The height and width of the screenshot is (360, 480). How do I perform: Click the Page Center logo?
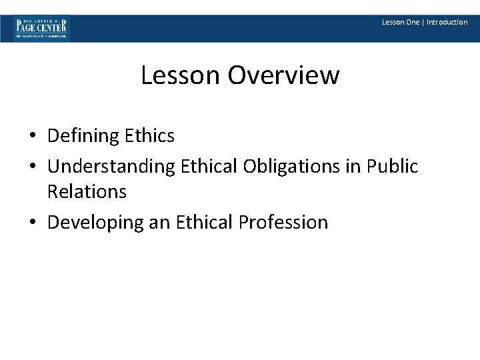pyautogui.click(x=42, y=28)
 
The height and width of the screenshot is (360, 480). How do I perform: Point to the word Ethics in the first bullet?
pyautogui.click(x=149, y=136)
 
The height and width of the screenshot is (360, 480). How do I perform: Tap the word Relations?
pyautogui.click(x=87, y=192)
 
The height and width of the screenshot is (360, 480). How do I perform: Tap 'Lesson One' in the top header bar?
pyautogui.click(x=401, y=22)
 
